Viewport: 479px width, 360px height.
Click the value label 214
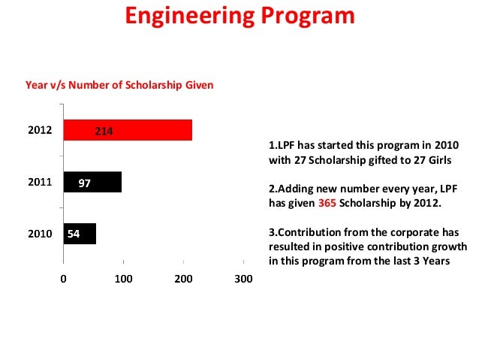104,132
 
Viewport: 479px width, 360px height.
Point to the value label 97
85,183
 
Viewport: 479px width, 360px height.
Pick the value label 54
74,234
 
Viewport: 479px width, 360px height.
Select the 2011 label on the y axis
40,182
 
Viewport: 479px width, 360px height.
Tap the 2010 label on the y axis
40,234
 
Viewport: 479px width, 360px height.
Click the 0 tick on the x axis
64,279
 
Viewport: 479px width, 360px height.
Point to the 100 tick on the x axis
123,279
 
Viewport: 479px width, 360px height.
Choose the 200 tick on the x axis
183,279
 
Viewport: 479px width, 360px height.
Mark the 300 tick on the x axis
243,279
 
